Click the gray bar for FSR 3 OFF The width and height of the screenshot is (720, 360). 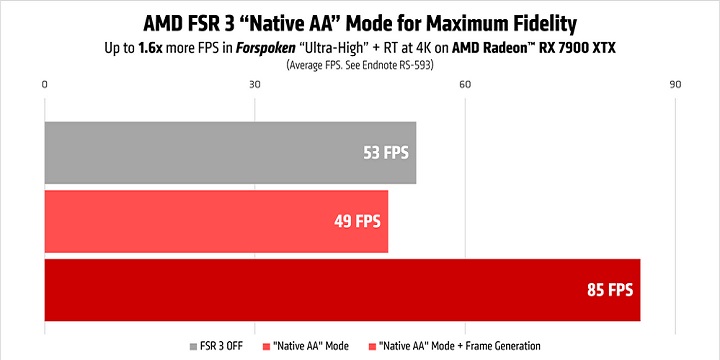[230, 153]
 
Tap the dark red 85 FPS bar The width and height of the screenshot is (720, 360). [340, 290]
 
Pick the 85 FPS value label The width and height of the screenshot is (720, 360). [609, 290]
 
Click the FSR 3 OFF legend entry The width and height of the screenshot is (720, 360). [217, 346]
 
